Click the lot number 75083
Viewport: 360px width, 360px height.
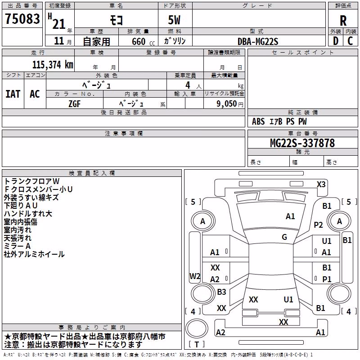pos(22,18)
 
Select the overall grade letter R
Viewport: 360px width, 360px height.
pos(343,21)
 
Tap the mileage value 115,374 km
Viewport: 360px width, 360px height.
pos(53,65)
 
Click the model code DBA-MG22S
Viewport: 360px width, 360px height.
pos(258,41)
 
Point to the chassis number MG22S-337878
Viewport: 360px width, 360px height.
pos(302,143)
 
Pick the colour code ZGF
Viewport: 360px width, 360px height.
pos(75,104)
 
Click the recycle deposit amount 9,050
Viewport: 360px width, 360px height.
pos(226,103)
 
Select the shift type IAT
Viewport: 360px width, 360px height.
pos(13,94)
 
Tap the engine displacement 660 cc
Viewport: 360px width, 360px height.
pos(143,42)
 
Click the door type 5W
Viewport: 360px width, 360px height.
pos(174,20)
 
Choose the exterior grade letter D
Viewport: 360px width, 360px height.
pos(336,41)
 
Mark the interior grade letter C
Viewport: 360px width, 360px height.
pos(350,41)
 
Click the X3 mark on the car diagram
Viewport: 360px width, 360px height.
pos(321,184)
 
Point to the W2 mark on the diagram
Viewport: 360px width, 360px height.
pos(195,276)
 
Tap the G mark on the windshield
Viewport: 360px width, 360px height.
pos(284,237)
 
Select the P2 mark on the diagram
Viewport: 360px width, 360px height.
pos(318,225)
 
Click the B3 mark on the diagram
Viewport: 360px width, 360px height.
pos(221,292)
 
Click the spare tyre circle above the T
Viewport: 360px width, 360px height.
pos(197,328)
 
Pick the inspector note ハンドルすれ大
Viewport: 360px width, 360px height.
pos(28,214)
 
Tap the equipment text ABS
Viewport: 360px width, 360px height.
pos(258,121)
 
